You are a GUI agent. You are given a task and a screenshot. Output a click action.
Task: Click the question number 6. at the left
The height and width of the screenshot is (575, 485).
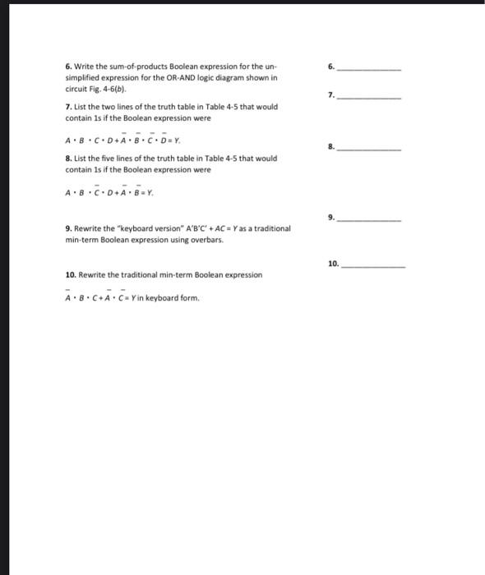(x=68, y=67)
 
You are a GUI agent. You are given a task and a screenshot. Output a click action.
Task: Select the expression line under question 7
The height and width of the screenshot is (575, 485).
(x=116, y=139)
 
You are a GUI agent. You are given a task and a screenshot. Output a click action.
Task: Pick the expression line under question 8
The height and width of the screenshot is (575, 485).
(x=109, y=193)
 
